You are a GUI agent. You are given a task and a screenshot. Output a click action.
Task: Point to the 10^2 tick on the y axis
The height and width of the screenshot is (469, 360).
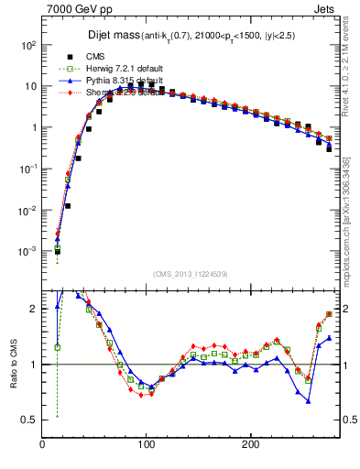click(27, 45)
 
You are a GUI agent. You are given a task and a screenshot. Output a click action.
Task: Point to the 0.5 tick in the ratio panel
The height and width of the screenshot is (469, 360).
click(29, 420)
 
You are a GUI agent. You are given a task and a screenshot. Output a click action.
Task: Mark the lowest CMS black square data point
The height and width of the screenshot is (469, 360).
click(57, 251)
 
